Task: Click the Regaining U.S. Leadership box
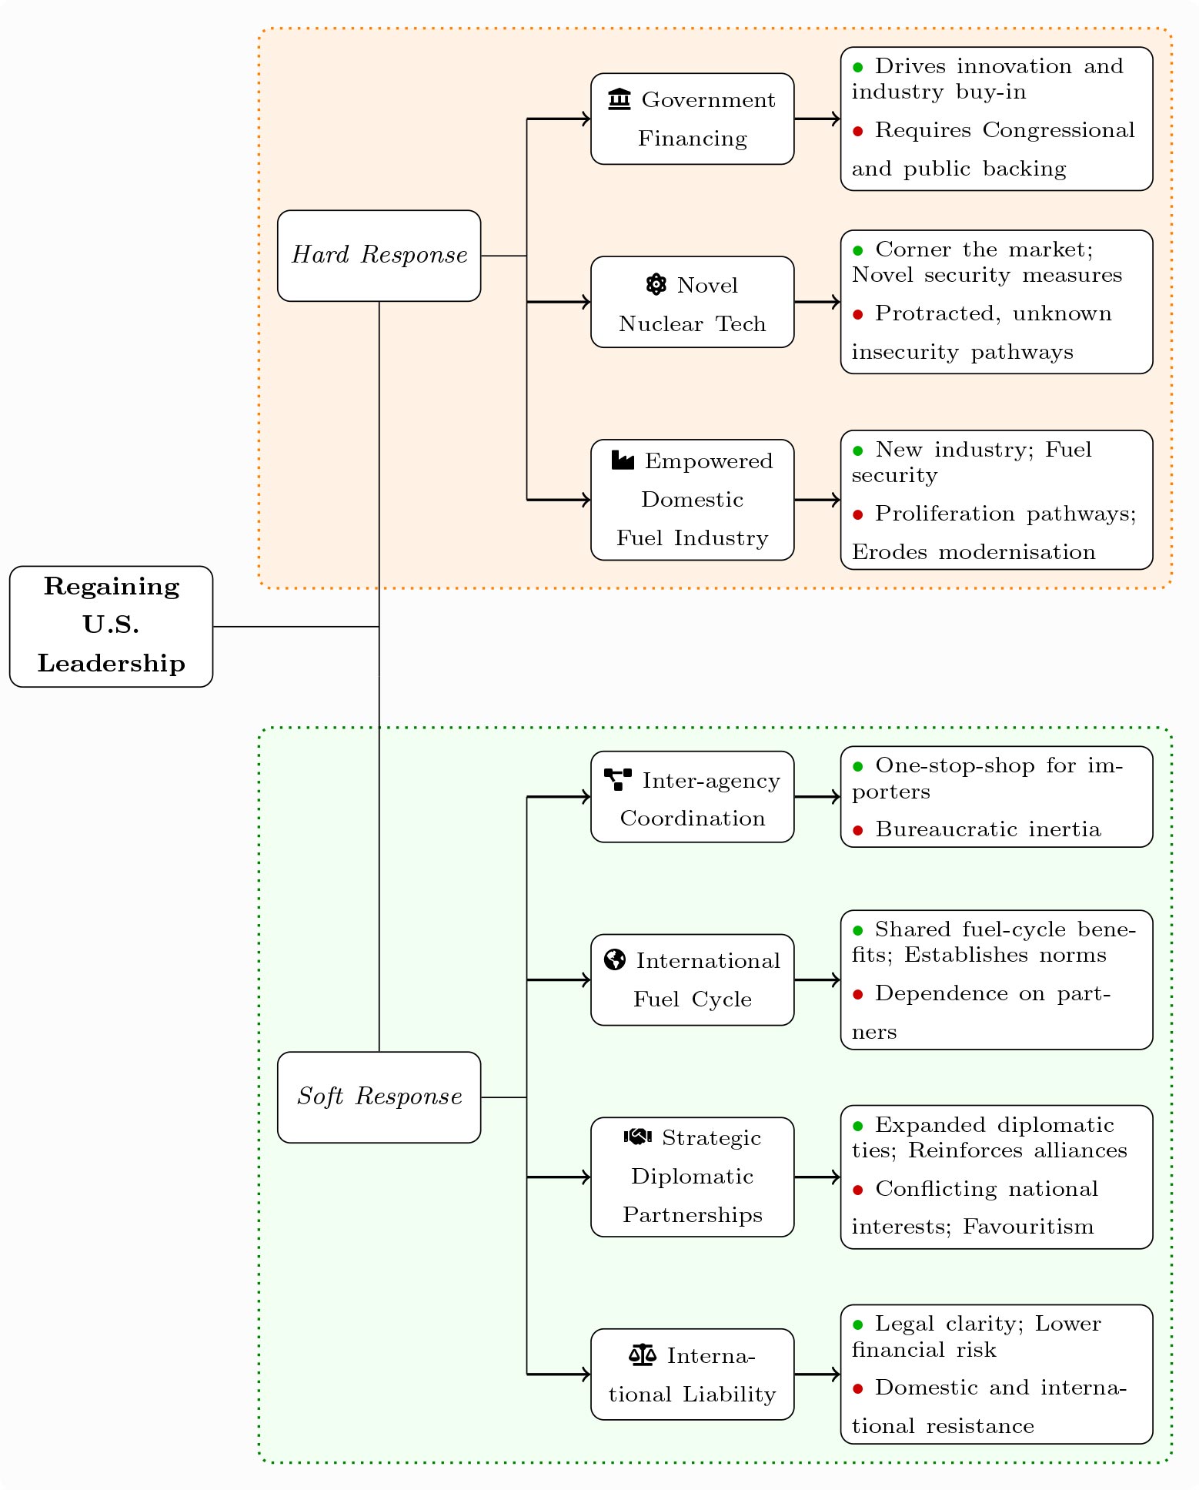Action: (x=111, y=626)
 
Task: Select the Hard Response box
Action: (x=379, y=255)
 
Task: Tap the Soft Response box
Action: (x=379, y=1097)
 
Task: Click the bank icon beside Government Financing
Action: (x=620, y=99)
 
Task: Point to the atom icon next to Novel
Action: (x=656, y=285)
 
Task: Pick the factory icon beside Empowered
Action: (x=623, y=460)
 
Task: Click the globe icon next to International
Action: (x=615, y=960)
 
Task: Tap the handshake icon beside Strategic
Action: (x=638, y=1137)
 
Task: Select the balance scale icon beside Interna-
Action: (x=643, y=1355)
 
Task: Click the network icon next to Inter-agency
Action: (x=618, y=780)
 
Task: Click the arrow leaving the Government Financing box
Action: (x=817, y=119)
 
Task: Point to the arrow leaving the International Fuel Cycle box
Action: (x=817, y=979)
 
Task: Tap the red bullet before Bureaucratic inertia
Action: (x=858, y=830)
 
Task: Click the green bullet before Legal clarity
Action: (x=858, y=1324)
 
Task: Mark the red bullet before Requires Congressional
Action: (x=858, y=131)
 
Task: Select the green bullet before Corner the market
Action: (x=858, y=250)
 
